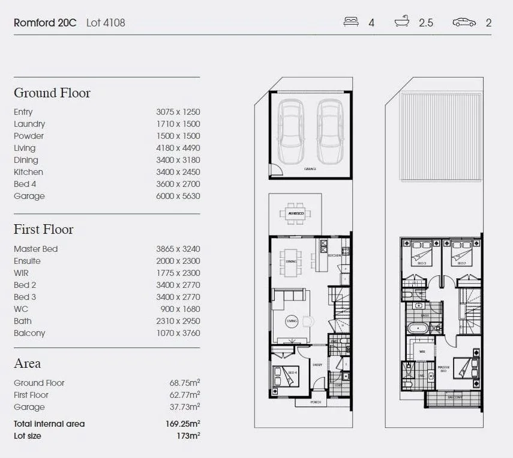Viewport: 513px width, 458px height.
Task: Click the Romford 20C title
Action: [x=45, y=23]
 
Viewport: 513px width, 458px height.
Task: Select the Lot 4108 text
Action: [x=106, y=23]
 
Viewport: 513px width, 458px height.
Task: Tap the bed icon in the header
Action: [x=351, y=22]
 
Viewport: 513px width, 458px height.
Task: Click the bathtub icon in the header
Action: [x=402, y=22]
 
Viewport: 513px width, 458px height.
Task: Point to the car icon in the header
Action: [x=464, y=22]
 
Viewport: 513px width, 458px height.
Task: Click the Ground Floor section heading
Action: [x=52, y=93]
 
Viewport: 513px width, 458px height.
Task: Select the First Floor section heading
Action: [x=44, y=230]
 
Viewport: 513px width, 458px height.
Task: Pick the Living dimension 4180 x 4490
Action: [x=178, y=148]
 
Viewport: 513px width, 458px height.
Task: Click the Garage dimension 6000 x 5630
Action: [x=178, y=196]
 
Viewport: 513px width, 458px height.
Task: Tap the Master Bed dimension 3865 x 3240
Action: [x=178, y=249]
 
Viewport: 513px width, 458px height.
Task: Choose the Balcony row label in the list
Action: [x=29, y=333]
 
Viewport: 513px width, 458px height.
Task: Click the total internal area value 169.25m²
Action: [x=182, y=424]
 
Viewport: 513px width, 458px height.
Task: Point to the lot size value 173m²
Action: [x=187, y=436]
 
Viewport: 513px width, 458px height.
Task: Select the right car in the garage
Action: [x=329, y=131]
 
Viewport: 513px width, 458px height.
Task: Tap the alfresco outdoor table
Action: [x=295, y=213]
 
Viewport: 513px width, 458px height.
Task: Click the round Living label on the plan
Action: [x=292, y=321]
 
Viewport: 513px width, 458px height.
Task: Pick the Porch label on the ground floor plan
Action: [x=316, y=402]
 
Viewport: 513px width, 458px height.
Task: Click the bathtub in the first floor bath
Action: [x=418, y=329]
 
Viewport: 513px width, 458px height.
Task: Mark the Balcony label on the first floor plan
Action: [x=454, y=397]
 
